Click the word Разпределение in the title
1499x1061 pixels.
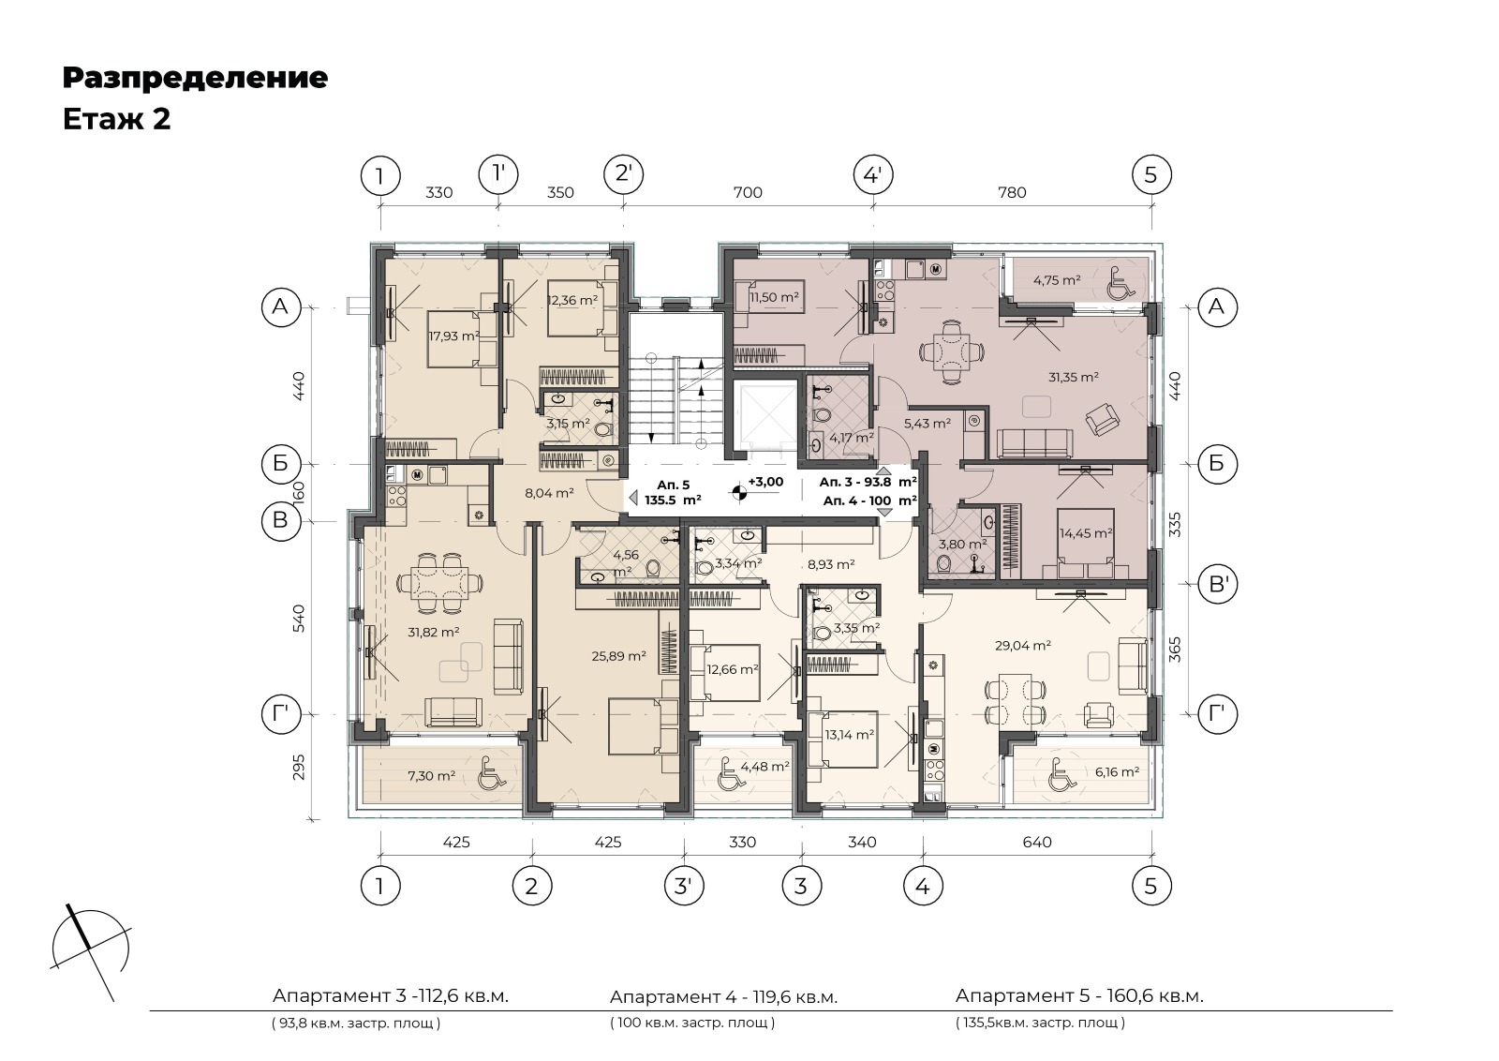click(x=195, y=79)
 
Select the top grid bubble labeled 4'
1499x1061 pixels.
click(x=873, y=175)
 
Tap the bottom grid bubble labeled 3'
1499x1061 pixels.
click(x=684, y=887)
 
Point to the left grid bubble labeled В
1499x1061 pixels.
click(x=280, y=520)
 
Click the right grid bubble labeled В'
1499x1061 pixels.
click(x=1217, y=584)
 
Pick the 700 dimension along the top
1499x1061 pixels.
click(x=748, y=193)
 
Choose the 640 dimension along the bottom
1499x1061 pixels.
click(x=1036, y=842)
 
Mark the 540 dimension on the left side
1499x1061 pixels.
click(x=299, y=618)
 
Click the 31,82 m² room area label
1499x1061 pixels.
click(x=433, y=631)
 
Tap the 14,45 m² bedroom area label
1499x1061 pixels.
click(x=1086, y=533)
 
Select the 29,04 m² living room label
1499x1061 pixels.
click(x=1022, y=645)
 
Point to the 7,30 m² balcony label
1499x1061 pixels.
click(x=432, y=776)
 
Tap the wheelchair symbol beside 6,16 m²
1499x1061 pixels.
click(x=1064, y=774)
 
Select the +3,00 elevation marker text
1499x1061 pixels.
click(x=765, y=482)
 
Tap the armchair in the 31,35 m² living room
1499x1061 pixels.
click(x=1102, y=419)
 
